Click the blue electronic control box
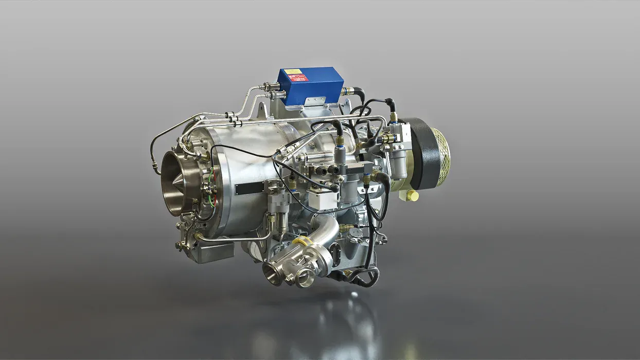point(310,85)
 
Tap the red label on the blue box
point(299,78)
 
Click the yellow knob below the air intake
point(411,195)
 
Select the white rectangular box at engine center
point(323,200)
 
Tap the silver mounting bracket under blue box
point(314,102)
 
